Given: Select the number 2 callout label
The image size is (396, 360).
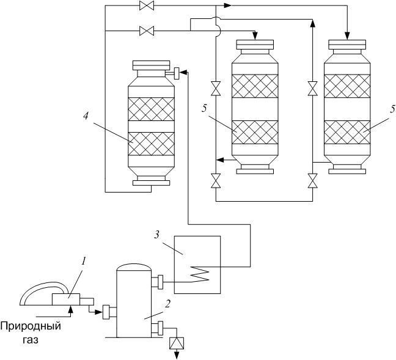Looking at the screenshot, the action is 168,304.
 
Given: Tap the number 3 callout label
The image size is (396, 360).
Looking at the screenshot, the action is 157,235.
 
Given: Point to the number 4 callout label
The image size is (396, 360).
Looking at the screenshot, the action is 86,116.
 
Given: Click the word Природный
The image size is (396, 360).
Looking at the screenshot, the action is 31,326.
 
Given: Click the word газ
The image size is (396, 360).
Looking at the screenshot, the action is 31,340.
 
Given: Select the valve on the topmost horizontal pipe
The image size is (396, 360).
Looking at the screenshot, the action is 147,6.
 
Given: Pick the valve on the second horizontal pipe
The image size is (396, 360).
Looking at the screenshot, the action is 147,31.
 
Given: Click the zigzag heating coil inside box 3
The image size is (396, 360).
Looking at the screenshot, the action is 201,273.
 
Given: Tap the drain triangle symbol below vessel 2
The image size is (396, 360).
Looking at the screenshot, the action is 177,343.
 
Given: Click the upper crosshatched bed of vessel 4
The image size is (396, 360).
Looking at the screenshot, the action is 151,109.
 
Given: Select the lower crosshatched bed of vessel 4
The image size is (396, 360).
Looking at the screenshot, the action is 151,144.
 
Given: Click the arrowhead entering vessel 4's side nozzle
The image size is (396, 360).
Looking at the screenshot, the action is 183,72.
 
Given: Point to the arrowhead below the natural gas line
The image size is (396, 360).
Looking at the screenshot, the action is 71,309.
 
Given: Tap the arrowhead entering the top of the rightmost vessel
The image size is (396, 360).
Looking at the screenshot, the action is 347,35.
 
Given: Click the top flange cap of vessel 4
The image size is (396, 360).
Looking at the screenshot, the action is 151,65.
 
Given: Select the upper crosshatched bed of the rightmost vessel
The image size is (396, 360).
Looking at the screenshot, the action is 347,86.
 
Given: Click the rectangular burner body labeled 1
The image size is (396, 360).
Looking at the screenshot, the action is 66,299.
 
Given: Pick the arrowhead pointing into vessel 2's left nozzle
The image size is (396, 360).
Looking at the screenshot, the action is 99,312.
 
